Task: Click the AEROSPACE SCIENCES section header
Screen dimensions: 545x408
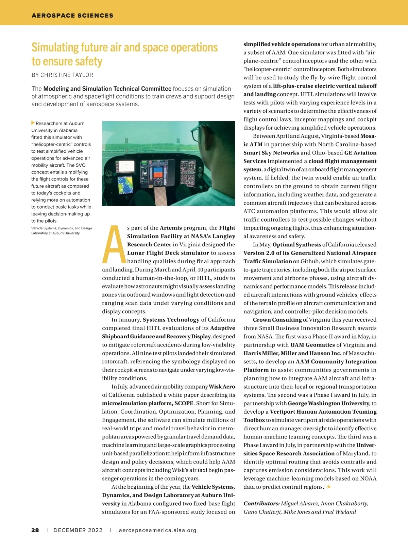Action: pos(72,16)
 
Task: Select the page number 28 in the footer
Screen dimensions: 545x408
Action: pos(35,530)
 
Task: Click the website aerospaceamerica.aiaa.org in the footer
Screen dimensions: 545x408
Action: pos(157,530)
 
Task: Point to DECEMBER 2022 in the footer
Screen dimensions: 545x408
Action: pos(78,530)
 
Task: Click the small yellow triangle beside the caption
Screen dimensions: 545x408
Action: pos(33,123)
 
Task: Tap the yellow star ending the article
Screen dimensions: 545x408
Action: pos(329,487)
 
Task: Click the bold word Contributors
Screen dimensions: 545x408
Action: pos(261,503)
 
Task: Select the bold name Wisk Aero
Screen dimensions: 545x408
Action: pos(222,387)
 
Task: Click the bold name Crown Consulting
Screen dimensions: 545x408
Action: pos(277,320)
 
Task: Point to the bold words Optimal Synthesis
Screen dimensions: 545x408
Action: pos(296,244)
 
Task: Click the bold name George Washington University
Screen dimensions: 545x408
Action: pos(328,403)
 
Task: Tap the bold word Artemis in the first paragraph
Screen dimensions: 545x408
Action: pos(171,228)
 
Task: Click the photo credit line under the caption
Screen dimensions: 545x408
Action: pos(62,231)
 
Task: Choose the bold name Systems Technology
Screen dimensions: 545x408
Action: pos(171,320)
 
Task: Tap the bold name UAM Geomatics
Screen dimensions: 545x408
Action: pos(312,345)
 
